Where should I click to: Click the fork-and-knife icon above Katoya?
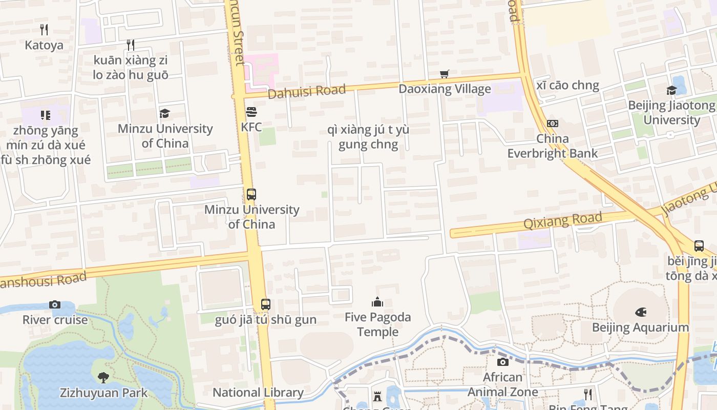click(x=44, y=30)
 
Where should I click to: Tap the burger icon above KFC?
click(x=251, y=112)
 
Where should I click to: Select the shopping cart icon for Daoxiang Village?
click(x=445, y=74)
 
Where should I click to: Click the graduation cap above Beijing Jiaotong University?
click(x=671, y=91)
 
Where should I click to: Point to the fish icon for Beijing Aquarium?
click(x=640, y=312)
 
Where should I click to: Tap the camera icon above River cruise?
click(x=55, y=305)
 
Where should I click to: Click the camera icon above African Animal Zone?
click(x=503, y=362)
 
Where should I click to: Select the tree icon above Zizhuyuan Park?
click(x=103, y=378)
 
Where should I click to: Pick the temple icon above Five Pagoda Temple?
click(x=377, y=302)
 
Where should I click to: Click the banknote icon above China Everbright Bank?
click(x=552, y=124)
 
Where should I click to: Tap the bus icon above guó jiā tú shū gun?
click(x=265, y=304)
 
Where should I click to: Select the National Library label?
click(x=258, y=393)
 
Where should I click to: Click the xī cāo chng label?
click(x=567, y=85)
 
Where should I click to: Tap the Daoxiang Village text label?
click(x=445, y=89)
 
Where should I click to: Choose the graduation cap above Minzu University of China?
click(x=164, y=113)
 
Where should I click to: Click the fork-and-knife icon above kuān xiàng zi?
click(x=131, y=45)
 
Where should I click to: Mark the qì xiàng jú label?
click(x=368, y=137)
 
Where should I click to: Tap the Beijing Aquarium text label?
click(x=640, y=327)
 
